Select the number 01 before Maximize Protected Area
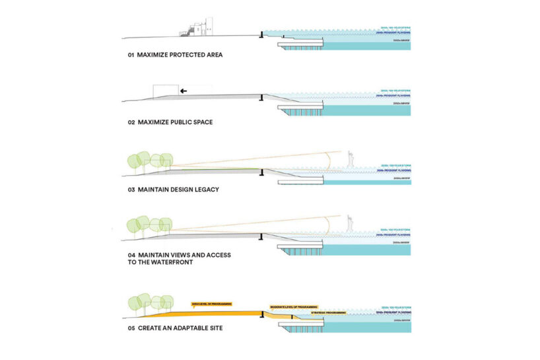[131, 55]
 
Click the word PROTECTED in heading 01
[180, 55]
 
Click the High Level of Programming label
[211, 304]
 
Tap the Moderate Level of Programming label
[293, 307]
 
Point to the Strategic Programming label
[328, 312]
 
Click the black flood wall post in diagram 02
[262, 98]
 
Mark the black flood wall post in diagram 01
[262, 32]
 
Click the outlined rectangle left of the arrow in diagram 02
[165, 90]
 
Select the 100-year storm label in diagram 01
[395, 27]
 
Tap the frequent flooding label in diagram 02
[395, 96]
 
